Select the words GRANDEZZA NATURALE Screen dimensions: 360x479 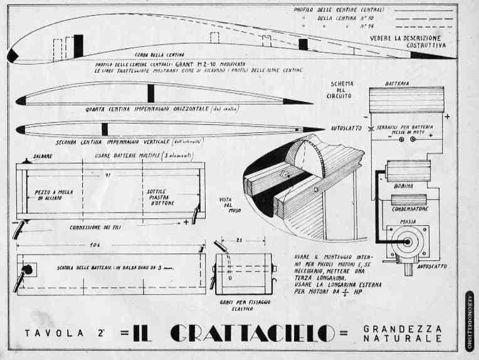[402, 333]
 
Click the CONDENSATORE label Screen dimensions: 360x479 [409, 209]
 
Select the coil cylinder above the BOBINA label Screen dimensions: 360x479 [409, 171]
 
